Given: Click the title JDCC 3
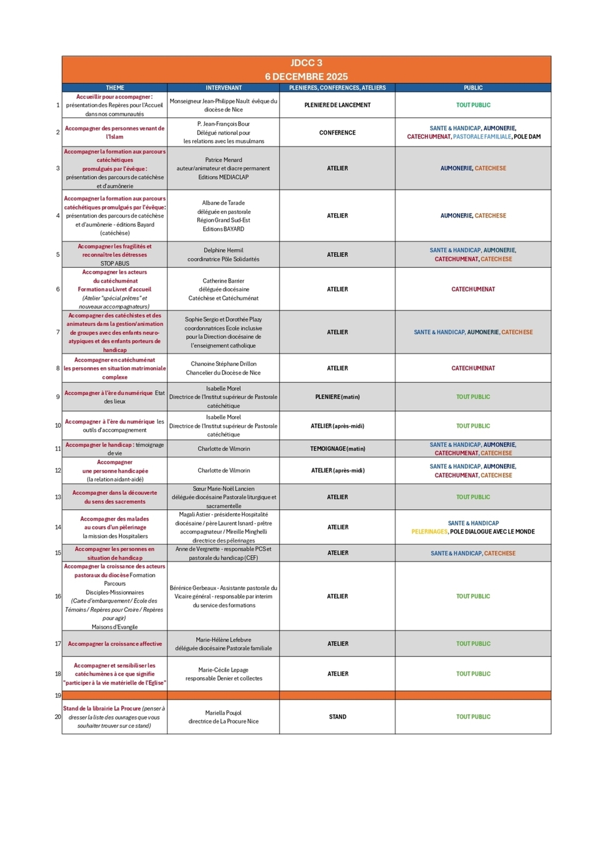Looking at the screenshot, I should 306,63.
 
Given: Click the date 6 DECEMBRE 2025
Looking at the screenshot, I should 306,77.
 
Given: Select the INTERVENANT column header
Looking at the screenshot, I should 224,88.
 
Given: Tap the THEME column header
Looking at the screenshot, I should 115,88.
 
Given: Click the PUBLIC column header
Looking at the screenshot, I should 473,88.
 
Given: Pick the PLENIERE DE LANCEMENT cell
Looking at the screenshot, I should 337,105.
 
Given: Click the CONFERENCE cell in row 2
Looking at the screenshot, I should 337,133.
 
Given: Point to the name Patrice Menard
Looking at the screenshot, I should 224,160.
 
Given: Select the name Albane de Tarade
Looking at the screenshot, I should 224,203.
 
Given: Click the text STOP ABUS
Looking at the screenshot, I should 115,263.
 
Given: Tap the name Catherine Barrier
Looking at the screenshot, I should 224,281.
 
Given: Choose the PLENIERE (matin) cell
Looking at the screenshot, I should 337,397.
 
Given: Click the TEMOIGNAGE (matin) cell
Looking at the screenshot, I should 337,449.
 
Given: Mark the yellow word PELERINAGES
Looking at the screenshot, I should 429,532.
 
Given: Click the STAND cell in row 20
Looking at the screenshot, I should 337,717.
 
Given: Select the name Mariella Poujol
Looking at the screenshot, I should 224,713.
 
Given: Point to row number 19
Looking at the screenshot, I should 58,696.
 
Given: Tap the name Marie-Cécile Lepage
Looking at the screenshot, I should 224,670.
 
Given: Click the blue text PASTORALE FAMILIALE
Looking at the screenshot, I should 482,137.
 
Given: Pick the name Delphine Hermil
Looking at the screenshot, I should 224,251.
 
